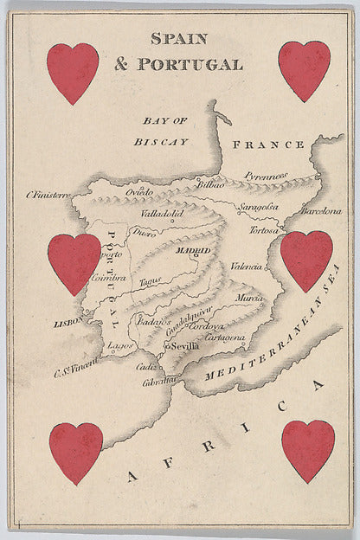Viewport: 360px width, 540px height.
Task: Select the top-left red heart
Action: [73, 72]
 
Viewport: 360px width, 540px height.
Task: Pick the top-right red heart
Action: [304, 69]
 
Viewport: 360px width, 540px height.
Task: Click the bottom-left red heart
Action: [75, 452]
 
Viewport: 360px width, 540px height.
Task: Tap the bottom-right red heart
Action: [308, 450]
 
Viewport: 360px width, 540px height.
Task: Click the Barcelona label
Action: [321, 210]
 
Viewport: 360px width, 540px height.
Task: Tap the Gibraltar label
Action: [161, 381]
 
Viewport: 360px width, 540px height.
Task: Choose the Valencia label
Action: [246, 267]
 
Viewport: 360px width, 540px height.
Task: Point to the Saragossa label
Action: [259, 208]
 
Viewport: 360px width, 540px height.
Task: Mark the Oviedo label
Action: [139, 191]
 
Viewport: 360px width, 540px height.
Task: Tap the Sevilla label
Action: [185, 345]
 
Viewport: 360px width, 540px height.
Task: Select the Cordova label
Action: [207, 326]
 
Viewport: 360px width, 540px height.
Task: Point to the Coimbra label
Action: [109, 279]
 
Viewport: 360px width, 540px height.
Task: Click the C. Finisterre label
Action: [48, 196]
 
